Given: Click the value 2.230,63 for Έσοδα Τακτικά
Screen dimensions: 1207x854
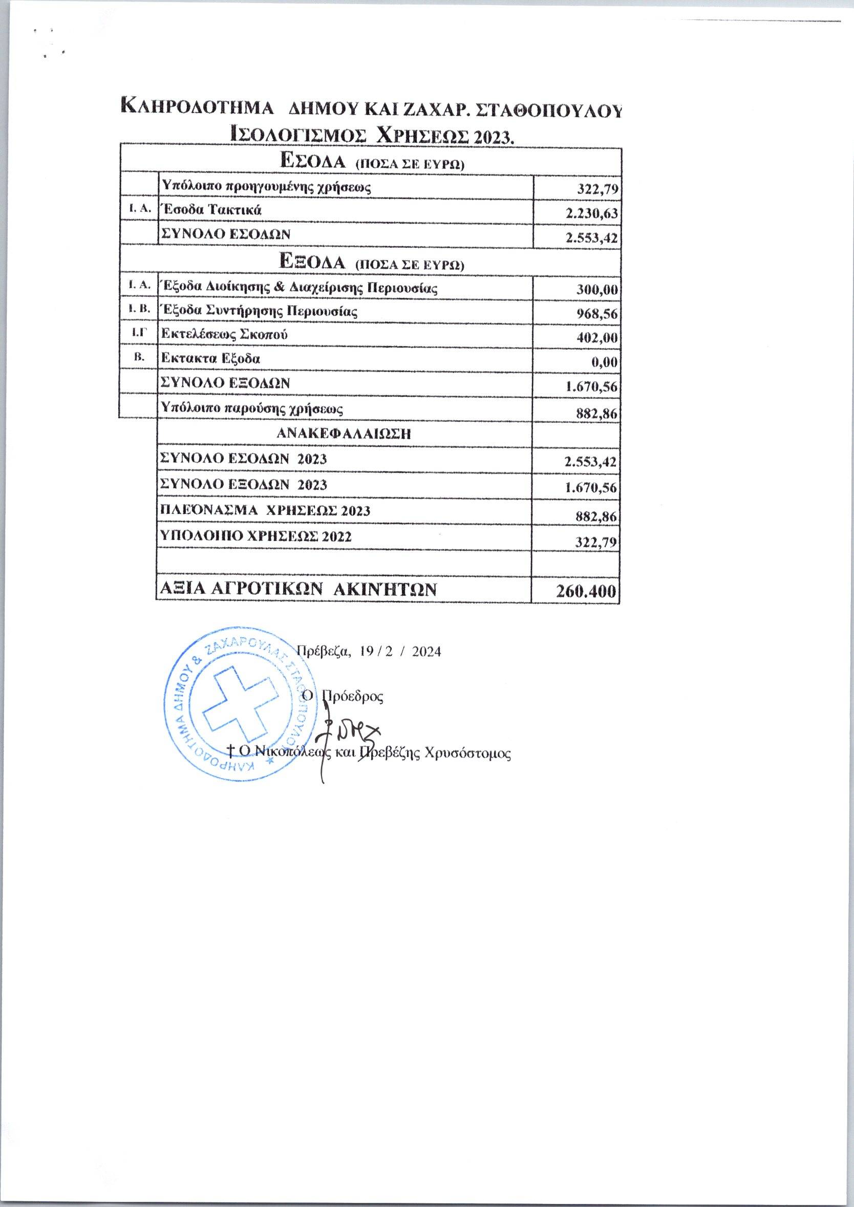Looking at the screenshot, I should pos(590,214).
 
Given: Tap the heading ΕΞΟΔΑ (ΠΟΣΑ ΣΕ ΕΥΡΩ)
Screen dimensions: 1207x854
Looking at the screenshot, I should pos(372,262).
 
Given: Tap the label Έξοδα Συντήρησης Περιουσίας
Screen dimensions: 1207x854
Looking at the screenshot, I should pos(259,311).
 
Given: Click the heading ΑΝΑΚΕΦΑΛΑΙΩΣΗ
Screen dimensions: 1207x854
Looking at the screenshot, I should pos(344,434).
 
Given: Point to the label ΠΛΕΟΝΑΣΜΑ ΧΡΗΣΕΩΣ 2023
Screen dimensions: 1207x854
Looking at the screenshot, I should pos(265,510).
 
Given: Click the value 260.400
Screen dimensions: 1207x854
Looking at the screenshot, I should pos(585,591).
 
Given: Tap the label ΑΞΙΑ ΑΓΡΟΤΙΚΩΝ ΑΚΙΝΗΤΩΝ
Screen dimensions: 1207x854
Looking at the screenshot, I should pos(297,589).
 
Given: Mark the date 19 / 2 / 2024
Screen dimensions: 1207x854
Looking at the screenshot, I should pos(400,652).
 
